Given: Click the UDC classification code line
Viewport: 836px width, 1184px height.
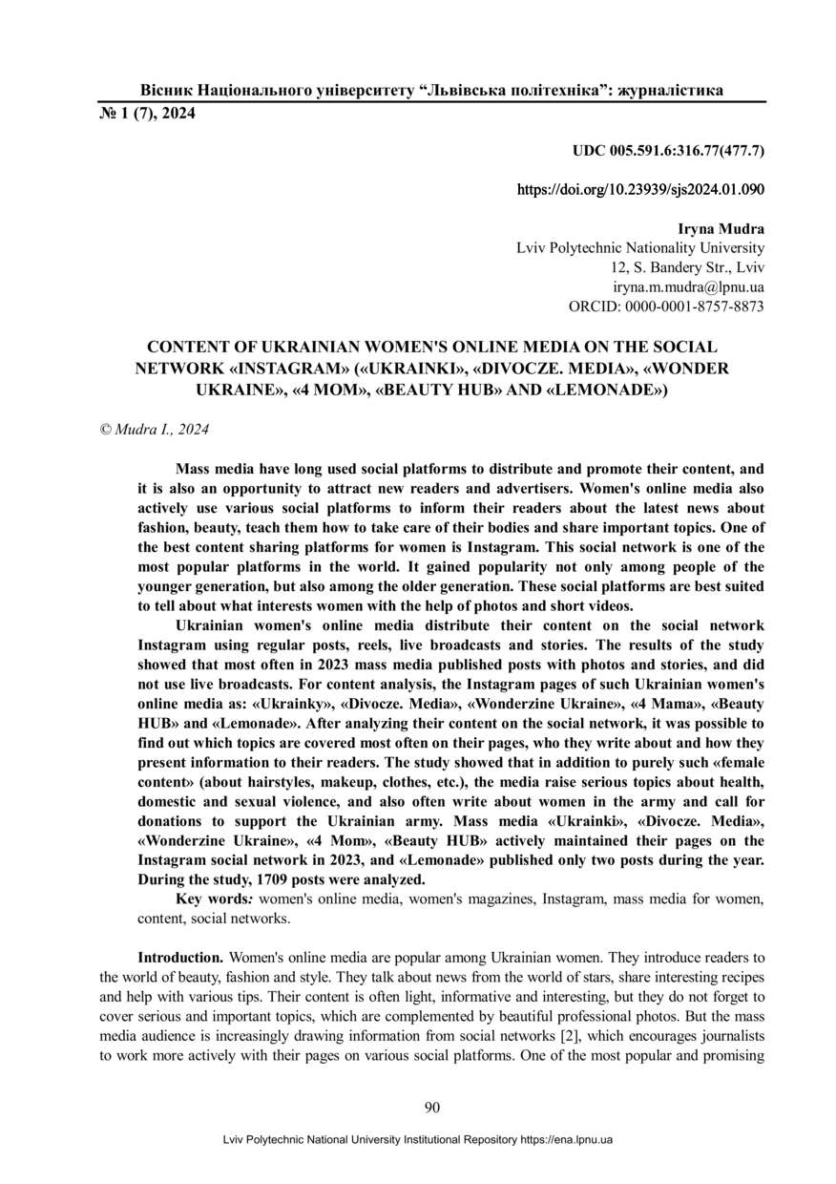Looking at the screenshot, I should pyautogui.click(x=668, y=151).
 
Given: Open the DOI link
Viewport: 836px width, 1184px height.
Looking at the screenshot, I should pyautogui.click(x=640, y=189).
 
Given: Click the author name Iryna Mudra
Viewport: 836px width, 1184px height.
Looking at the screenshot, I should pyautogui.click(x=721, y=230).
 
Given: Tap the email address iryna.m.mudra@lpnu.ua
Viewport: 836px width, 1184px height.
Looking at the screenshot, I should pyautogui.click(x=687, y=287).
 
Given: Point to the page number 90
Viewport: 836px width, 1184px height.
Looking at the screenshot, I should pyautogui.click(x=431, y=1107).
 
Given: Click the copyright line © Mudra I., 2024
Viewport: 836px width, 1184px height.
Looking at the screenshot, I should pyautogui.click(x=155, y=430).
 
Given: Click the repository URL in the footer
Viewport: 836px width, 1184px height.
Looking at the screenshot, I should pyautogui.click(x=566, y=1140).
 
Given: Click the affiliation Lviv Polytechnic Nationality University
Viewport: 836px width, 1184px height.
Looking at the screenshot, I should pyautogui.click(x=639, y=249).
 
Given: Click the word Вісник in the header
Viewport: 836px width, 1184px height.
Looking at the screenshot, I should pyautogui.click(x=167, y=91).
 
